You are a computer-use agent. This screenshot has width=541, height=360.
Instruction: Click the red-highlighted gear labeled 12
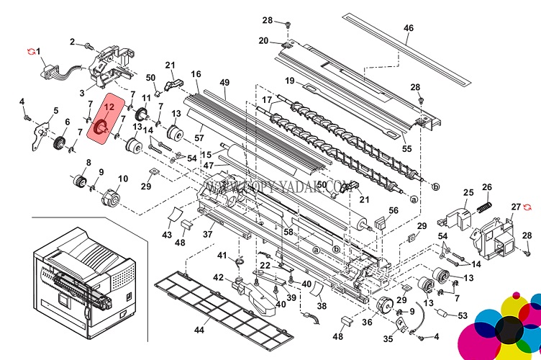click(102, 127)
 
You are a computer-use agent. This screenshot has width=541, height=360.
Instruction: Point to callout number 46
click(409, 28)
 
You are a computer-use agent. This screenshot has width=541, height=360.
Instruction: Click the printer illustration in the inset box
click(83, 270)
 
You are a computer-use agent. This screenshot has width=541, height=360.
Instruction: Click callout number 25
click(468, 192)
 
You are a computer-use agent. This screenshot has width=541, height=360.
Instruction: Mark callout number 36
click(368, 322)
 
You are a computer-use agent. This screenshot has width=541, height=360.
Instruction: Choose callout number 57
click(199, 138)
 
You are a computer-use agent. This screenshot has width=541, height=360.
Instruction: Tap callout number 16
click(196, 74)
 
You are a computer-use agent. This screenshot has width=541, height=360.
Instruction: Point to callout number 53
click(462, 315)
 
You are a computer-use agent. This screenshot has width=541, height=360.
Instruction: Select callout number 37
click(209, 233)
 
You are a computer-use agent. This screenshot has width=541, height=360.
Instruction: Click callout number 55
click(407, 149)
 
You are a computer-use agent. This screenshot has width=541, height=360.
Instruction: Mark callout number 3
click(82, 93)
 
